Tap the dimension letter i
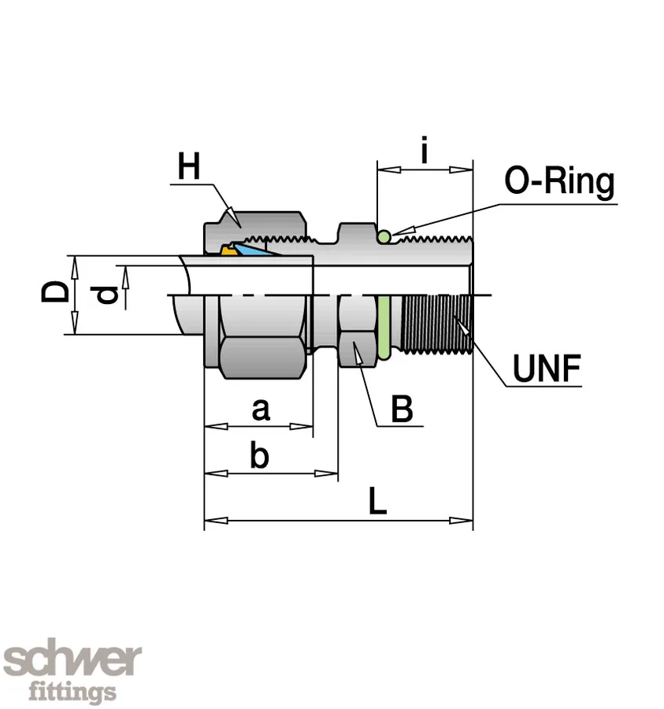425,150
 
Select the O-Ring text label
559,182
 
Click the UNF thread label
547,368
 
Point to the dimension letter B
402,410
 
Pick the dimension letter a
260,410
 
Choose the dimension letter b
259,456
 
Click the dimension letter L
378,503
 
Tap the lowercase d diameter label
108,295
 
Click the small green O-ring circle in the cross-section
384,236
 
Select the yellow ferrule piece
228,251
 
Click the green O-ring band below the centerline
384,325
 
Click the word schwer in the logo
72,660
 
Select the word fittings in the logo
72,692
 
